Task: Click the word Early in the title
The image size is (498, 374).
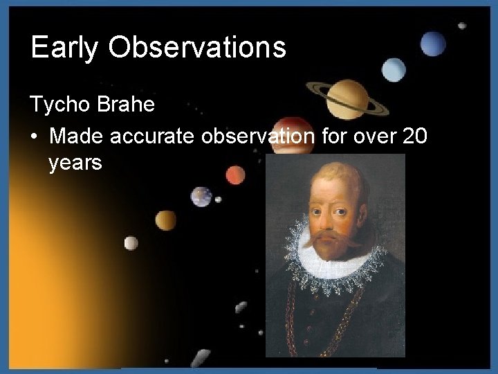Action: point(64,48)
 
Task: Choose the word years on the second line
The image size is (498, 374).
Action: point(76,164)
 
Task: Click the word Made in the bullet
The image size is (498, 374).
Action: point(75,137)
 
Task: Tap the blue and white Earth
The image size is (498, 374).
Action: point(201,197)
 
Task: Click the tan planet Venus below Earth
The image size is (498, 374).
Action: point(166,220)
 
